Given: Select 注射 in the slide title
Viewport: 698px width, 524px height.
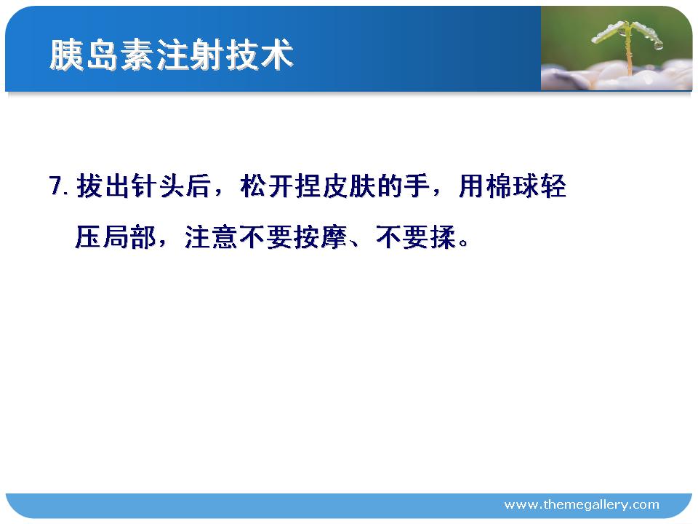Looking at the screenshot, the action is (190, 55).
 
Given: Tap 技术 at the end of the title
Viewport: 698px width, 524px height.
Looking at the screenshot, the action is (259, 55).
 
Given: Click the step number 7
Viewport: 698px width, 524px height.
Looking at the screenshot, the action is (58, 186).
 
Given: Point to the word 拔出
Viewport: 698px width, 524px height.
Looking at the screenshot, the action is (104, 186).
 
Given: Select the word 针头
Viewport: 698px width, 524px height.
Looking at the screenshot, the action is (159, 186).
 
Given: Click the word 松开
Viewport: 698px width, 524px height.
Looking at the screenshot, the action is (267, 186).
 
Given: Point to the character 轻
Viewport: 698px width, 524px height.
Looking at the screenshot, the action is (553, 186).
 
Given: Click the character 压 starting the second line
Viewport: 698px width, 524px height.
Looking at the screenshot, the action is (89, 237).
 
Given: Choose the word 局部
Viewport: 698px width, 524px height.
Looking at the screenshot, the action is (129, 237).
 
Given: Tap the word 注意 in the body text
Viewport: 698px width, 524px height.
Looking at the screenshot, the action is (212, 237).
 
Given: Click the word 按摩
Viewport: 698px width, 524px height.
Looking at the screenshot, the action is (321, 237).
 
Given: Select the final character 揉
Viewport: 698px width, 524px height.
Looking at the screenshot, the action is (444, 237).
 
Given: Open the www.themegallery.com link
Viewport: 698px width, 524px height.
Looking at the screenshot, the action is (582, 505).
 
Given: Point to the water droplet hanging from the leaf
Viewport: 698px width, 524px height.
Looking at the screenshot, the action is (659, 45).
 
